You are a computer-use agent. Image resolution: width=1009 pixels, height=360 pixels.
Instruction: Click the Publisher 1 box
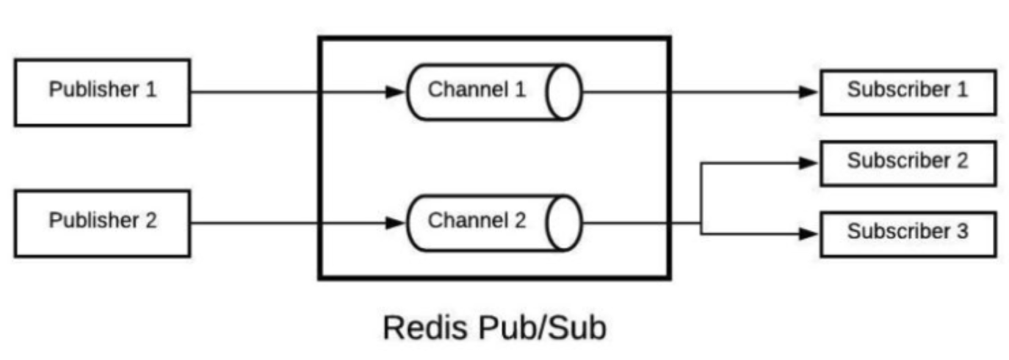click(102, 92)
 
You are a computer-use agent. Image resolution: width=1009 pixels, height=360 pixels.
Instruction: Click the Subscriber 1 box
click(908, 92)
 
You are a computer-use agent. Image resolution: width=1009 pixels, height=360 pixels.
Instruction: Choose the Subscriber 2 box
click(908, 162)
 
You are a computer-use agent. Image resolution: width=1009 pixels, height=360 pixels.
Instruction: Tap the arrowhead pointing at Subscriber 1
click(809, 93)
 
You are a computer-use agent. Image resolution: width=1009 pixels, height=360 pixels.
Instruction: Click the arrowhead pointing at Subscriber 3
click(809, 234)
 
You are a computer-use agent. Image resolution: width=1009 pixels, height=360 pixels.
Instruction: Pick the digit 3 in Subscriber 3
click(962, 232)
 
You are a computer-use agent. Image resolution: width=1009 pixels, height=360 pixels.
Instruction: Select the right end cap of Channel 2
click(565, 223)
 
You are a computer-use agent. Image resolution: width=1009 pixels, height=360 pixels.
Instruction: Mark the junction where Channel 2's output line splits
click(701, 223)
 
